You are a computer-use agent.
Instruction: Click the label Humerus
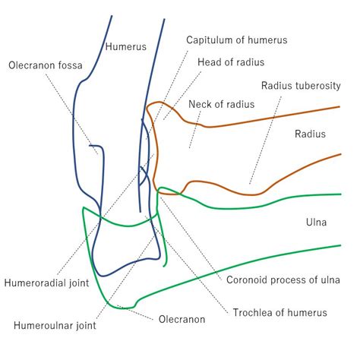(126, 46)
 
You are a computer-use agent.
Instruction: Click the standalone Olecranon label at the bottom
(182, 320)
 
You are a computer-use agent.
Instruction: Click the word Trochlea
(254, 312)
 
